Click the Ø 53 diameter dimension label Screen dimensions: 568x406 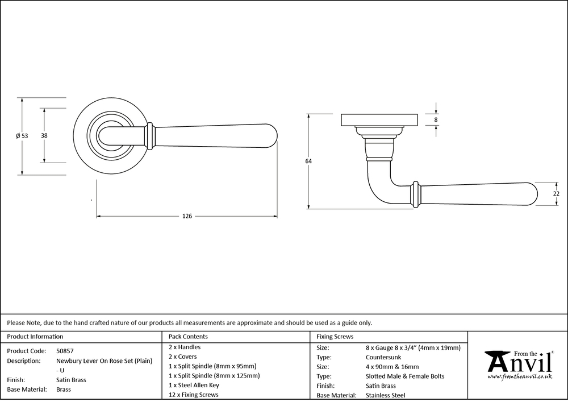[22, 136]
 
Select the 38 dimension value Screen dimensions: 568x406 [44, 135]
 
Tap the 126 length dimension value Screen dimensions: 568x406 [187, 216]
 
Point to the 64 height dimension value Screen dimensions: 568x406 [308, 161]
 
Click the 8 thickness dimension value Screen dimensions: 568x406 [436, 119]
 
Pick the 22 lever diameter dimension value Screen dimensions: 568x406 [557, 194]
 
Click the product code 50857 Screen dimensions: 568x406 [65, 351]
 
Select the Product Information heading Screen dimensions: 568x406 [35, 337]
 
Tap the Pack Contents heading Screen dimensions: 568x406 [188, 337]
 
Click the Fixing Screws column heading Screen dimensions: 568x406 [335, 337]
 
